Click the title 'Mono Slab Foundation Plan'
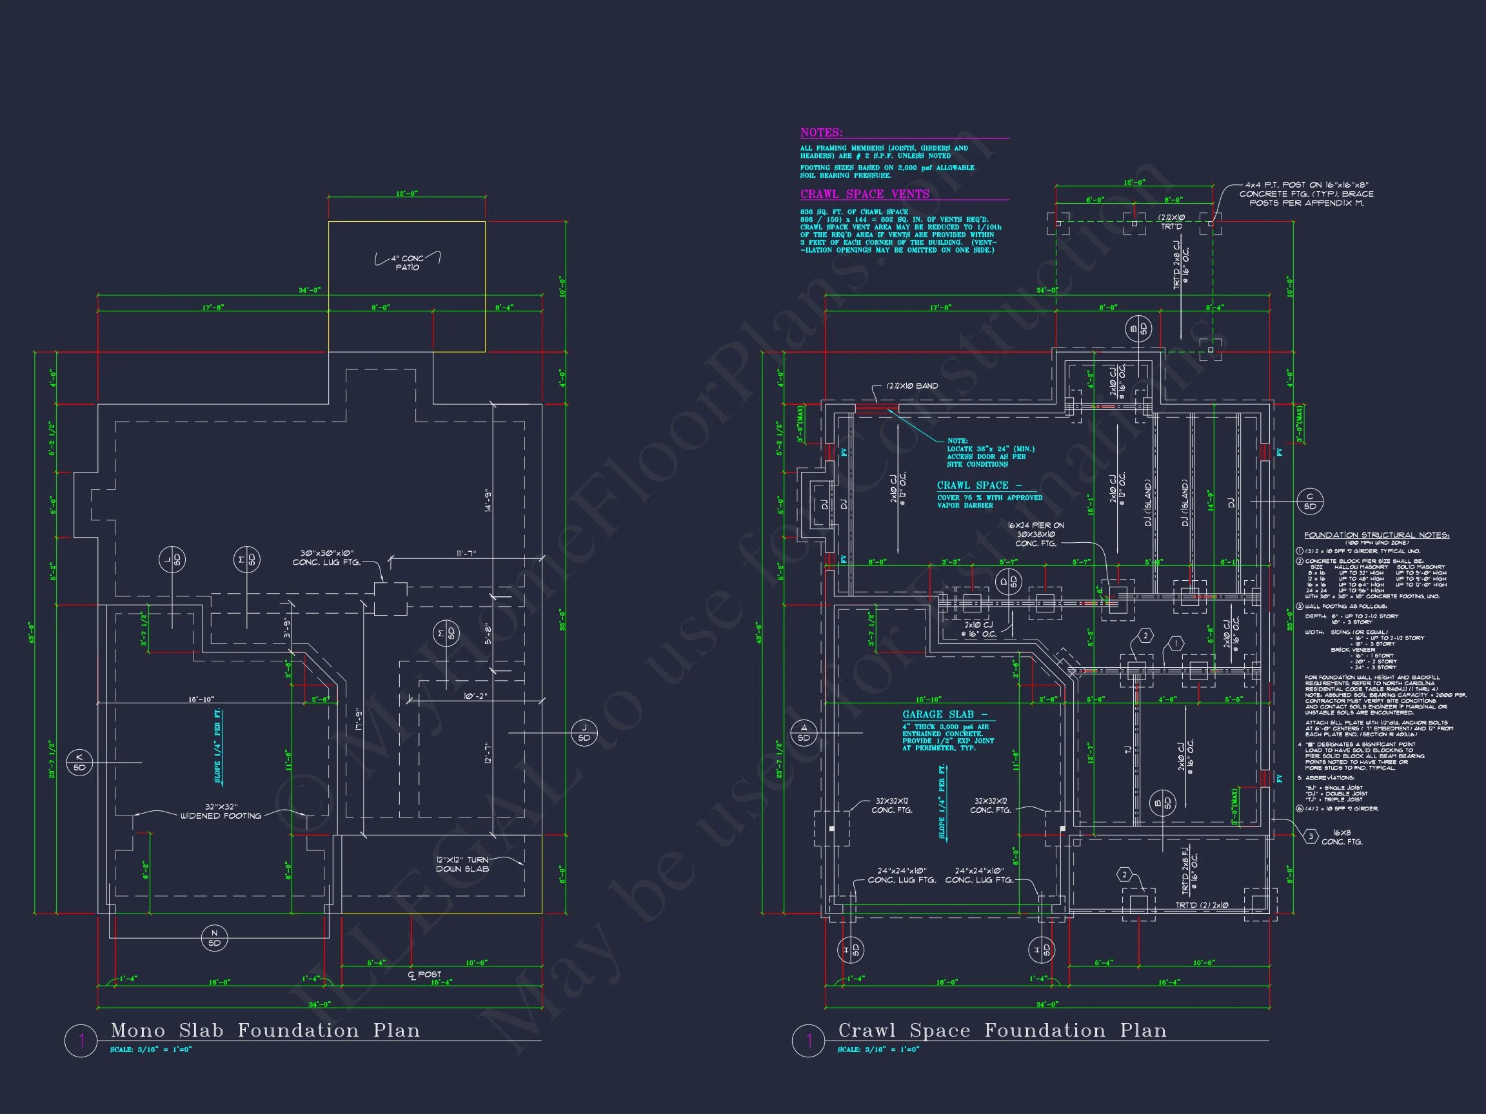[x=265, y=1031]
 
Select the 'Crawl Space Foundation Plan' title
[x=1002, y=1031]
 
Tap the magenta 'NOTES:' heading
[x=821, y=133]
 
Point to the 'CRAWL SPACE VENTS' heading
[x=865, y=194]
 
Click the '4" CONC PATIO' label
[x=407, y=262]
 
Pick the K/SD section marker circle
[x=79, y=763]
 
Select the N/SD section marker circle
[x=214, y=938]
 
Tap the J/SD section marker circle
[x=584, y=732]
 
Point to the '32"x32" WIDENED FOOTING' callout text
[x=221, y=811]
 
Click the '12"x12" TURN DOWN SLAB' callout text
[x=462, y=865]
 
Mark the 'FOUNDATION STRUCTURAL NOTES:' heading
[x=1376, y=535]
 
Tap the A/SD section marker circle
[x=804, y=732]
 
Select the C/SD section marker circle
[x=1309, y=502]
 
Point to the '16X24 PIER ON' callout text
[x=1035, y=526]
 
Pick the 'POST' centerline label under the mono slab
[x=429, y=974]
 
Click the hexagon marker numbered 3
[x=1311, y=837]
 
